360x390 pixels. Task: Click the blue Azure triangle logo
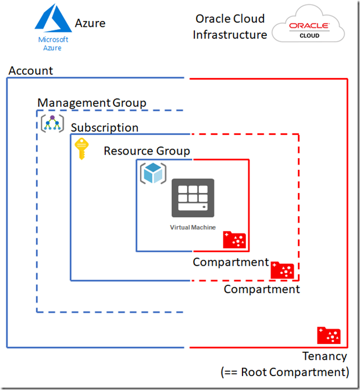[x=54, y=19]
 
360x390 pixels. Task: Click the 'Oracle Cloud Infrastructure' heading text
[x=230, y=27]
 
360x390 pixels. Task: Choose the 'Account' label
[x=31, y=71]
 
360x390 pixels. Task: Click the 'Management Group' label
[x=92, y=103]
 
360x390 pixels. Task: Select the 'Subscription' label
[x=105, y=128]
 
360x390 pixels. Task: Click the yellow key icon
[x=81, y=150]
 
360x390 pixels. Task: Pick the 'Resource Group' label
[x=147, y=151]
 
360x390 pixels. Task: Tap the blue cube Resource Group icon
[x=152, y=173]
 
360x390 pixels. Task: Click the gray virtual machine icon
[x=193, y=198]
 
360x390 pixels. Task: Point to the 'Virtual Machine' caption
[x=193, y=227]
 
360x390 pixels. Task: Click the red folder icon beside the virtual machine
[x=235, y=239]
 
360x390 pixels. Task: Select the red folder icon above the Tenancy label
[x=329, y=335]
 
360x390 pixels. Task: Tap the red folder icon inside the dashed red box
[x=283, y=270]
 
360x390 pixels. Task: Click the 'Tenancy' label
[x=325, y=356]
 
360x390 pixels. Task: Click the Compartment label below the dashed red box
[x=262, y=289]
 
